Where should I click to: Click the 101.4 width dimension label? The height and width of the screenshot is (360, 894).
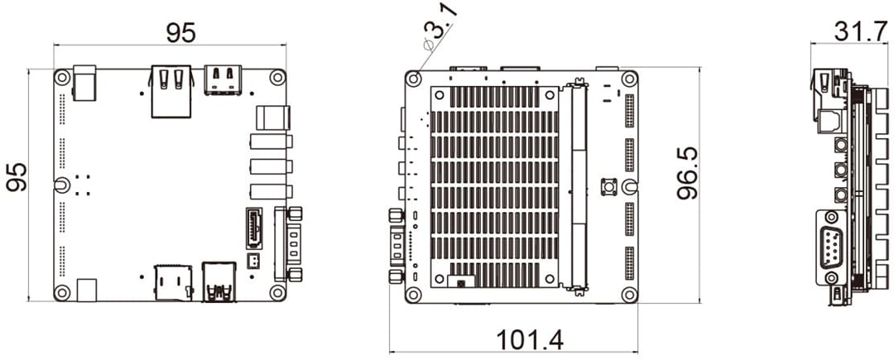click(x=529, y=340)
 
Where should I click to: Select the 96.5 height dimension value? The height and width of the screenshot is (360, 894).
click(x=686, y=173)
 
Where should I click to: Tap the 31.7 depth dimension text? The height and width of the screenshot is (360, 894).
click(x=853, y=31)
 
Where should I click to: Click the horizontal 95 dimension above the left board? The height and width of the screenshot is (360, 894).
click(x=180, y=32)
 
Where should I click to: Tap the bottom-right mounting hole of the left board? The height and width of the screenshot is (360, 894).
click(x=276, y=291)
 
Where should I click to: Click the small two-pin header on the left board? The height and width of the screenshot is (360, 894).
click(x=253, y=262)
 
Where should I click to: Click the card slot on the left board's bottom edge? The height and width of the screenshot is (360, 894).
click(x=175, y=281)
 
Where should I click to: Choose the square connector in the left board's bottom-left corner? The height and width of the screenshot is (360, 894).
click(x=86, y=289)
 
